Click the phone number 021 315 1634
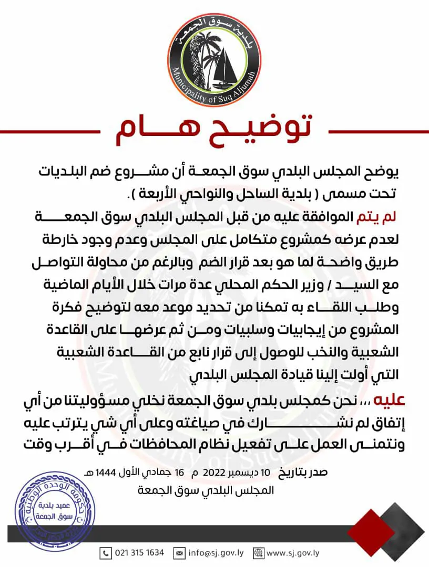tap(140, 553)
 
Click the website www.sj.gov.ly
tap(293, 553)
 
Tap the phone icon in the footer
tap(107, 553)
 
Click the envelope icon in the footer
tap(179, 553)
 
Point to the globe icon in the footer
tap(258, 553)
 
